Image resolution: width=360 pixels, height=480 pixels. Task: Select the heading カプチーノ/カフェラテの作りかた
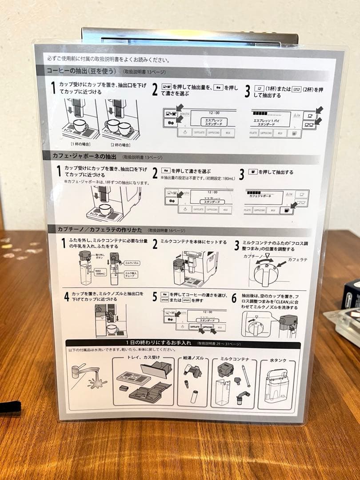coord(100,229)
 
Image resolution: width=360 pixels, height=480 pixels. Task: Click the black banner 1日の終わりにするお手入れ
coord(158,343)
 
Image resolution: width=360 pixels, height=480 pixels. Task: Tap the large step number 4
coord(67,297)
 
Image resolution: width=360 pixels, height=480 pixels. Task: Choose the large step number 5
coord(155,297)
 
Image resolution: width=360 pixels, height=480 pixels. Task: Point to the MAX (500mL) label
coord(99,272)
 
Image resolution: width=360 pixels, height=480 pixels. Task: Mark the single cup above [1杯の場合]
coord(80,126)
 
